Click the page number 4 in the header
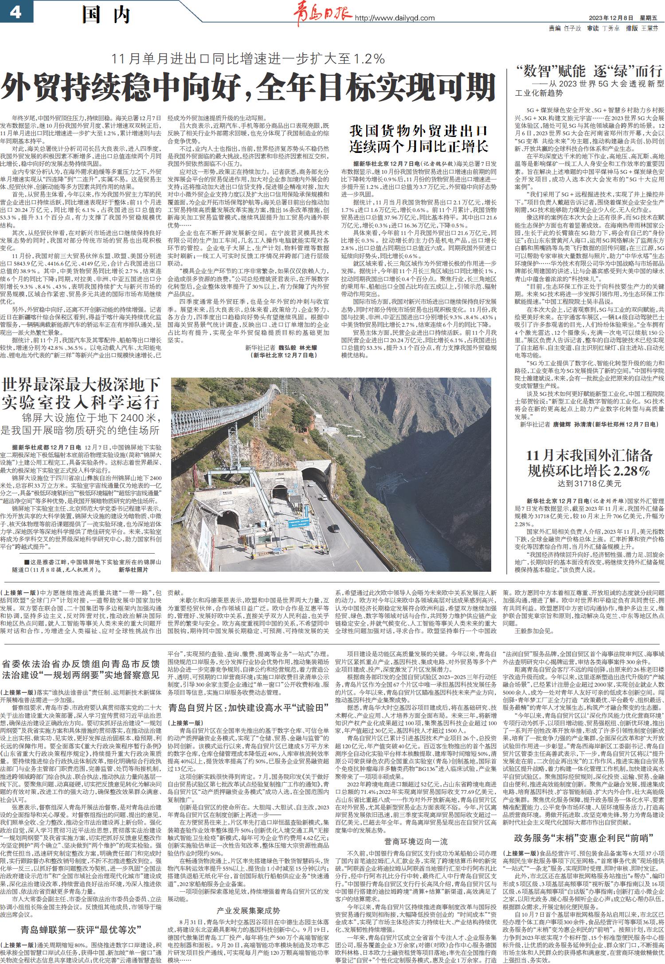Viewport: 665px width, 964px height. tap(15, 12)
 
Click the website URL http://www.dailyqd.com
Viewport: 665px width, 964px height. tap(395, 18)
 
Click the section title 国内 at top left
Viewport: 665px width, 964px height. tap(106, 15)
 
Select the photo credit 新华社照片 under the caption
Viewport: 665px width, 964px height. tap(133, 570)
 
